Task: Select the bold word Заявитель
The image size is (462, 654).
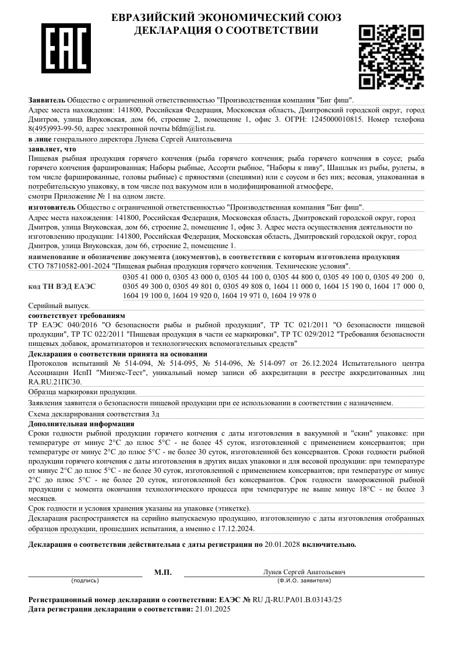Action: tap(47, 100)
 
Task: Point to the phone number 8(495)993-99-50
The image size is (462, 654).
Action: tap(56, 128)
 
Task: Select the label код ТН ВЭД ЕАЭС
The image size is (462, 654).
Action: tap(62, 287)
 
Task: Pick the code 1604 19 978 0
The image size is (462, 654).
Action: tap(294, 295)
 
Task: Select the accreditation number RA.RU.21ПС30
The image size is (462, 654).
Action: tap(55, 381)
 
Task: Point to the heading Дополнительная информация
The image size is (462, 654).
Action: tap(81, 424)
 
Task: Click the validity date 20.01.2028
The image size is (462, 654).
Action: tap(284, 545)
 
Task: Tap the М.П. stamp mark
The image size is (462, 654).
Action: tap(163, 572)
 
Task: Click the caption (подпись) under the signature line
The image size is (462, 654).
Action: tap(85, 581)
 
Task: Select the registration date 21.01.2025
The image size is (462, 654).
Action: tap(213, 609)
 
